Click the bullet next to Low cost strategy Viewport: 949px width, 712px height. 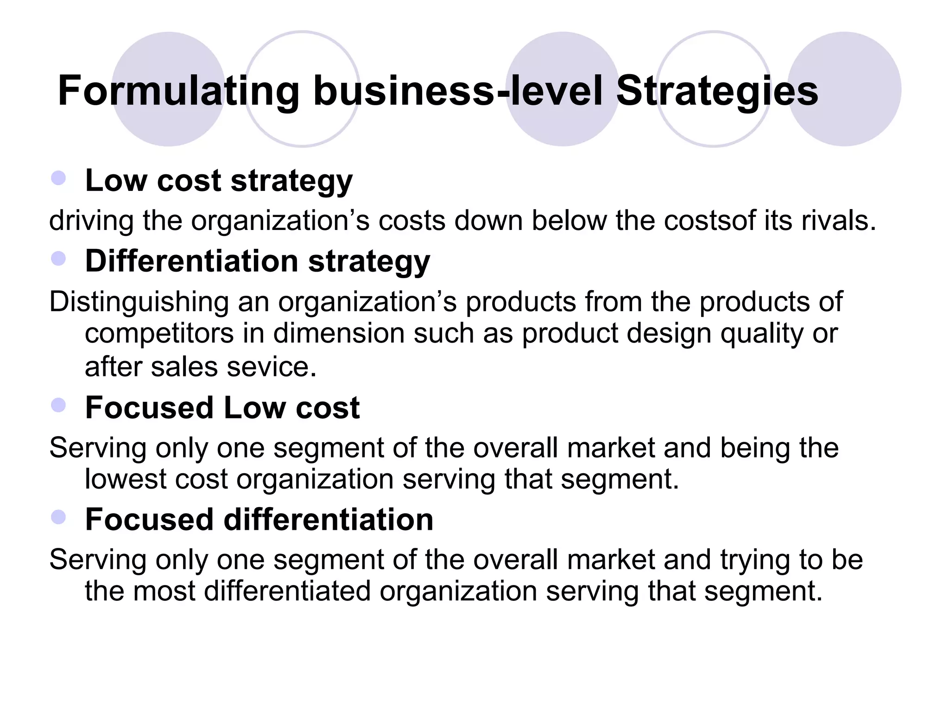click(59, 178)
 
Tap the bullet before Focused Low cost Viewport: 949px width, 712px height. click(59, 406)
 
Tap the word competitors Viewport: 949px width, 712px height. click(159, 334)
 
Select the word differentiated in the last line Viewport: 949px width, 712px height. click(287, 591)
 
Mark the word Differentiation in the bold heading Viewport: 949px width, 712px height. click(192, 261)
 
